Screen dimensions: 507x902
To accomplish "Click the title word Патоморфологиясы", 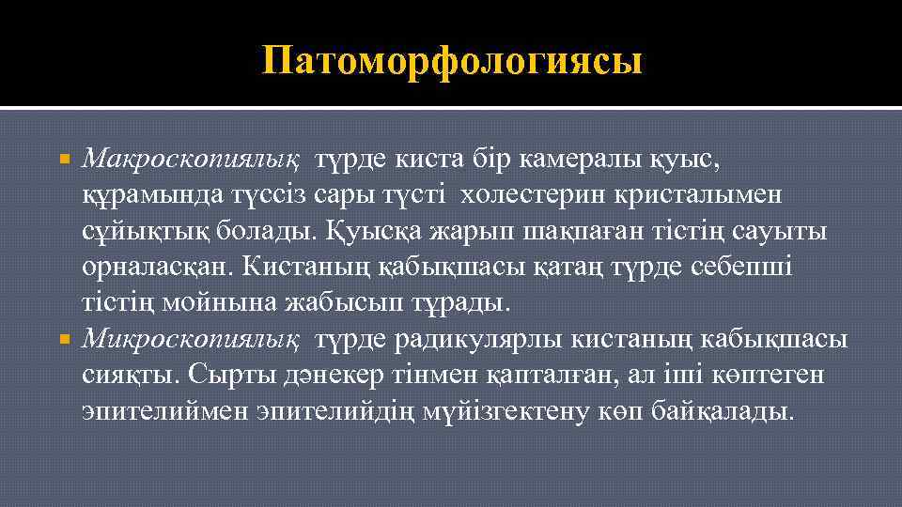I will coord(453,62).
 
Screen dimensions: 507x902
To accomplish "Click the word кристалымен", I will coord(712,194).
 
